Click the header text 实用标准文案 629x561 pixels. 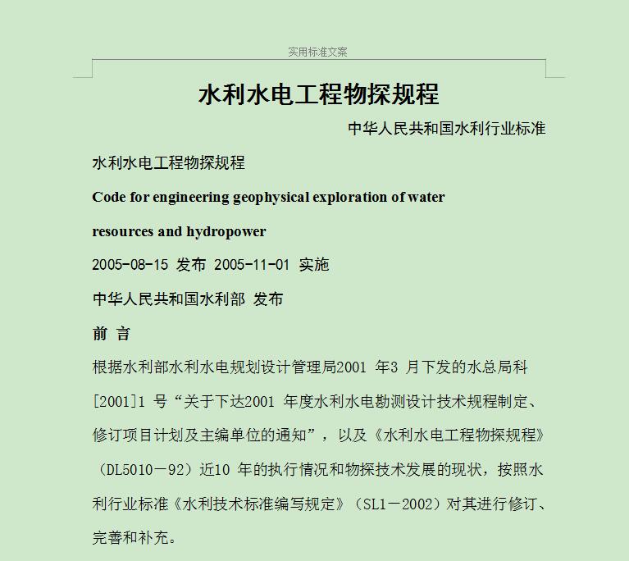tap(317, 52)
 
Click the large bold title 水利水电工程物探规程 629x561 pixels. tap(318, 94)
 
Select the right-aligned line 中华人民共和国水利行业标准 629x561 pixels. tap(446, 128)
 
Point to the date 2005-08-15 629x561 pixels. tap(130, 265)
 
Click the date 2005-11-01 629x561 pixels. tap(252, 265)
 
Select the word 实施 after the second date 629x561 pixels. tap(314, 265)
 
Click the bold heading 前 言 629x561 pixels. tap(112, 334)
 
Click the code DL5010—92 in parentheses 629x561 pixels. tap(144, 470)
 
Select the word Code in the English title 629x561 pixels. tap(109, 197)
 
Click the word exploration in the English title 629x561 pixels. tap(350, 197)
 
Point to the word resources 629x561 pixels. tap(123, 231)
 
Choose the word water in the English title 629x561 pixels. tap(426, 197)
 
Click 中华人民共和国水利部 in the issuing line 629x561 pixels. tap(168, 299)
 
